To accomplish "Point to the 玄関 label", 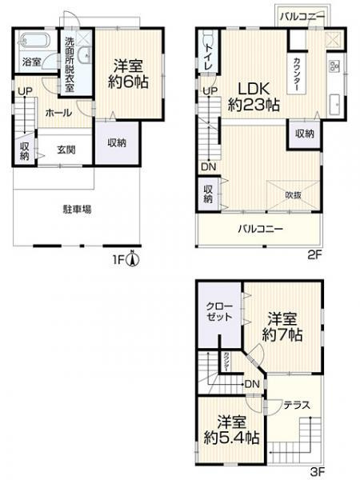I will (66, 149).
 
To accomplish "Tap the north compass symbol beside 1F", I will (136, 258).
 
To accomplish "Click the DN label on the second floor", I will (207, 166).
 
